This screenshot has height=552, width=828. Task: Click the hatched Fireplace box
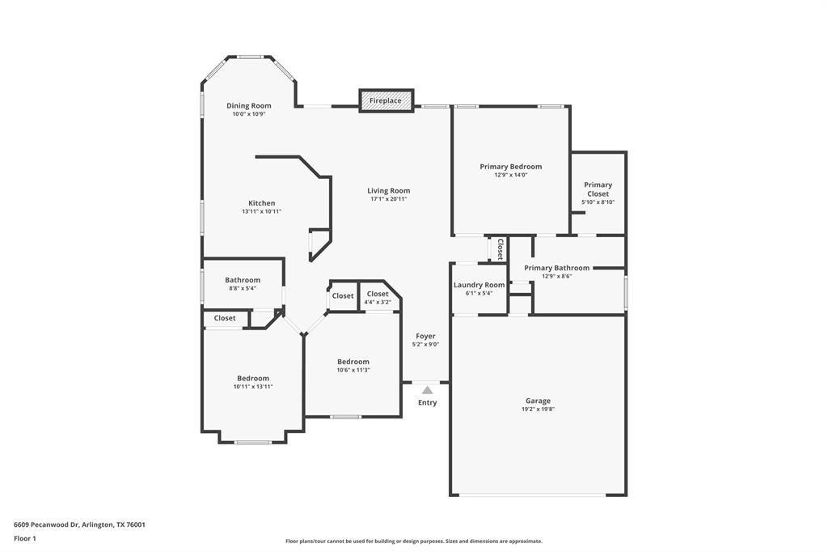(x=386, y=100)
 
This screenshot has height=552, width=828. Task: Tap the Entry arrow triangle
(x=427, y=390)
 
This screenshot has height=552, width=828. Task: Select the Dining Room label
(x=249, y=105)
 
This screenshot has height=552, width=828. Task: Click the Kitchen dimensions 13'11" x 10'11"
(x=261, y=211)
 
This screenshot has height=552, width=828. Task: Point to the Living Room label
(x=388, y=191)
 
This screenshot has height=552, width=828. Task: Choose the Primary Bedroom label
(x=510, y=167)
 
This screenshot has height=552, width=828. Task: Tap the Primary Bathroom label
(x=556, y=268)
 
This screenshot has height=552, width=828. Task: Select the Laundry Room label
(x=479, y=285)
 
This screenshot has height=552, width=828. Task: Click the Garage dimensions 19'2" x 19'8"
(x=538, y=410)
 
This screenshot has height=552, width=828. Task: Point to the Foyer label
(x=425, y=336)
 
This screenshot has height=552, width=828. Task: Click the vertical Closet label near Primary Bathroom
(x=500, y=248)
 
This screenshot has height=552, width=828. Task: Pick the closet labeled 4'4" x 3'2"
(x=378, y=295)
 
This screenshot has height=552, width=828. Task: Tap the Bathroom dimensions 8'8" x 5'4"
(x=243, y=288)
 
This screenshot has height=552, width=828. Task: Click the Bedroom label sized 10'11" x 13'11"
(x=253, y=378)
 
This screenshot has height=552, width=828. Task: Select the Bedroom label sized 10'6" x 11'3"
(x=353, y=362)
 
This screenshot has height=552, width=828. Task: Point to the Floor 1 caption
(x=26, y=538)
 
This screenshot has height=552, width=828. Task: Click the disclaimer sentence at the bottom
(x=413, y=541)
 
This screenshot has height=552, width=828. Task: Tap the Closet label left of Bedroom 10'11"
(x=225, y=318)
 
